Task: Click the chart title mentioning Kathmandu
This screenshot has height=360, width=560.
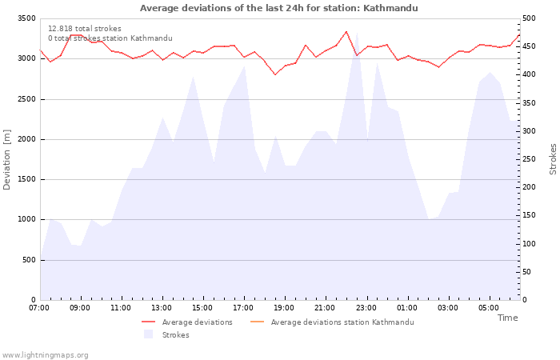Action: pyautogui.click(x=278, y=8)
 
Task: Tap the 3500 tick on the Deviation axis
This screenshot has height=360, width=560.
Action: pyautogui.click(x=26, y=18)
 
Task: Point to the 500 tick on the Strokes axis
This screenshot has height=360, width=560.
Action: pyautogui.click(x=529, y=18)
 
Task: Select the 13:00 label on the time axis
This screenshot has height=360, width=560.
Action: pyautogui.click(x=162, y=308)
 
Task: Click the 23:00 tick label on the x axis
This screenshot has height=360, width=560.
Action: pyautogui.click(x=366, y=308)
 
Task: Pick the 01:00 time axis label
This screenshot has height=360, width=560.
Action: pyautogui.click(x=406, y=308)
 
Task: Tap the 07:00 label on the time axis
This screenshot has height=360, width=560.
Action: pyautogui.click(x=39, y=308)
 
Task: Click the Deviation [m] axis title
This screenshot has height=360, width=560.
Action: pyautogui.click(x=6, y=160)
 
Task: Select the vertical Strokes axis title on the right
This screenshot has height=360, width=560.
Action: pyautogui.click(x=553, y=159)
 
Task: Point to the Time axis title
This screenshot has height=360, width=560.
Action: pyautogui.click(x=507, y=318)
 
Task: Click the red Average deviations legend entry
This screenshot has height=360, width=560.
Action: pyautogui.click(x=187, y=322)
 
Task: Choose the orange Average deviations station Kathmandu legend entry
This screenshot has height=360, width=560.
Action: pyautogui.click(x=332, y=322)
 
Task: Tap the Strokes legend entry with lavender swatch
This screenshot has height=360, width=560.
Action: pyautogui.click(x=166, y=335)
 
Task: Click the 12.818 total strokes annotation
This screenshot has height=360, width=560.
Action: pyautogui.click(x=85, y=29)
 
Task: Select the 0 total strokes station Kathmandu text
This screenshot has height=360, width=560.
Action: pyautogui.click(x=110, y=38)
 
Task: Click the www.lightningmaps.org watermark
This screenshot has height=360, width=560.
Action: pyautogui.click(x=44, y=355)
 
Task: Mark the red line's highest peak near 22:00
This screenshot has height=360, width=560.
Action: pyautogui.click(x=346, y=31)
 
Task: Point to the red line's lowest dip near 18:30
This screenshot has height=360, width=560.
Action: pyautogui.click(x=275, y=74)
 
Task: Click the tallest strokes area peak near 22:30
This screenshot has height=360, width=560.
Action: pyautogui.click(x=357, y=33)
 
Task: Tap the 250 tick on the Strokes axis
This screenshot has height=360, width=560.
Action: pyautogui.click(x=529, y=159)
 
